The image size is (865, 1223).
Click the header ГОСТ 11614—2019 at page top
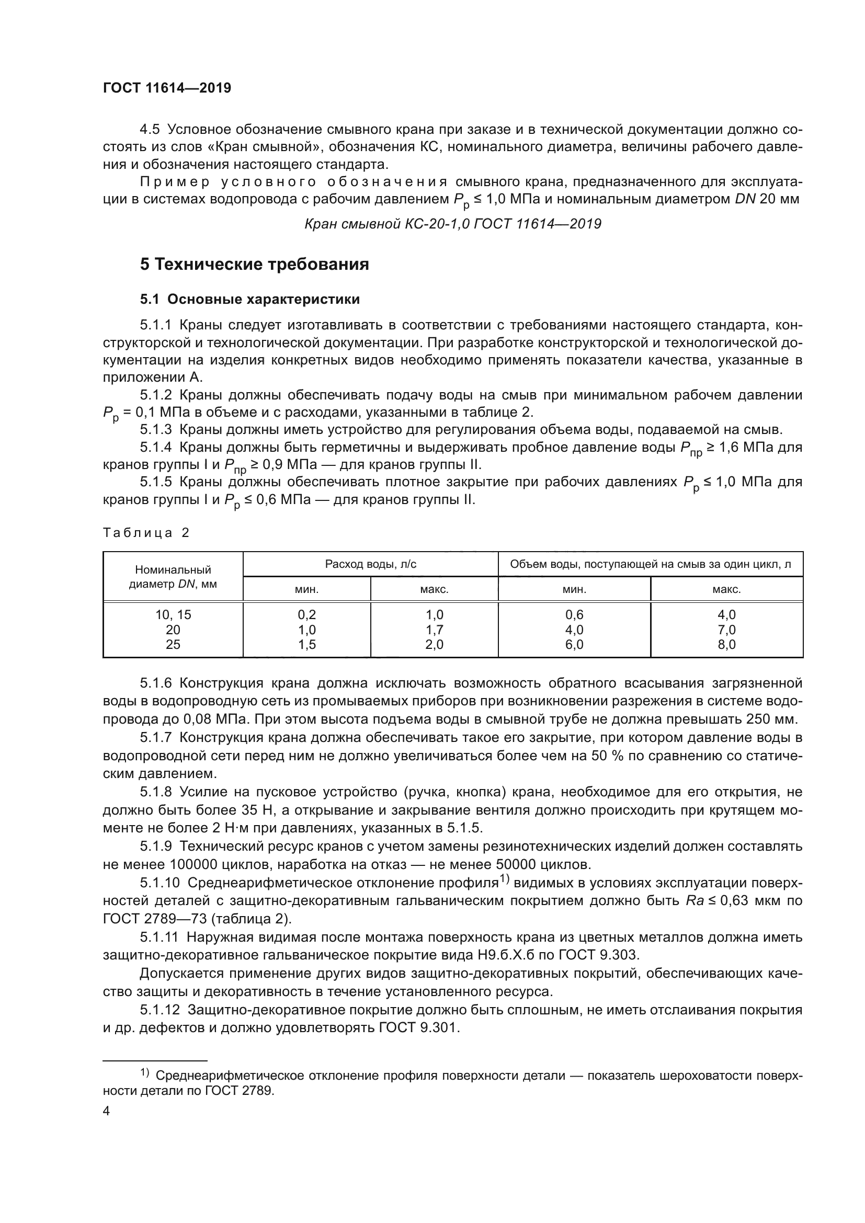click(x=167, y=88)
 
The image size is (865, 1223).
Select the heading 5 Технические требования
click(x=255, y=264)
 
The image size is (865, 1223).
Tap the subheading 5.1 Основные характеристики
click(x=250, y=300)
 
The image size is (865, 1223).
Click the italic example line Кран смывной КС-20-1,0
click(x=452, y=224)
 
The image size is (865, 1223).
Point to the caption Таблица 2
click(x=146, y=533)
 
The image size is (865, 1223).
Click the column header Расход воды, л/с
click(x=371, y=564)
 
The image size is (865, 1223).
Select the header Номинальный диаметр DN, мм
click(x=173, y=577)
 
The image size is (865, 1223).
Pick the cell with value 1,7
click(x=434, y=630)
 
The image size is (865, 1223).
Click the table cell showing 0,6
click(x=574, y=615)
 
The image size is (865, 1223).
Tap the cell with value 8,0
click(x=726, y=645)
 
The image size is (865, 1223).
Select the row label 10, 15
click(x=173, y=615)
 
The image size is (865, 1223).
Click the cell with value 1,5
click(x=307, y=645)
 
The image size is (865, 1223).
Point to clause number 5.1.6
click(x=156, y=683)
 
